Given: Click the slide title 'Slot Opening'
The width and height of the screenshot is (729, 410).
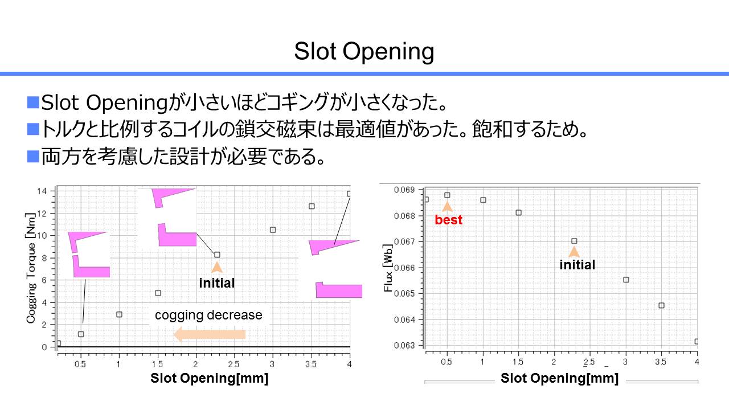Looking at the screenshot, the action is (x=364, y=51).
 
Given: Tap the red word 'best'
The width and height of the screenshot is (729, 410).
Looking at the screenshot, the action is (x=448, y=220).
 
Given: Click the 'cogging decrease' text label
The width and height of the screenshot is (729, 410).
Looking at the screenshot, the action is (x=208, y=315).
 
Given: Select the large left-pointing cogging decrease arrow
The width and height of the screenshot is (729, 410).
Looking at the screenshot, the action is (x=209, y=334).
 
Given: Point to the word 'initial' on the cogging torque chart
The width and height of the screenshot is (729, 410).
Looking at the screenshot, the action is (x=217, y=283).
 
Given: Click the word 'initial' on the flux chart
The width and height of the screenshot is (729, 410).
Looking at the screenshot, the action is (x=577, y=265).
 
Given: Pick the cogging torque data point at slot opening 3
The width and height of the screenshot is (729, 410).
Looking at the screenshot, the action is (x=273, y=229).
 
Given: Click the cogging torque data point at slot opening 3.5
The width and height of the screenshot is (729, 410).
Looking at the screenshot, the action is (x=312, y=206).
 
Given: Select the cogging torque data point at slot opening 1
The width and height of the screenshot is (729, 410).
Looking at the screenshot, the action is (x=119, y=314).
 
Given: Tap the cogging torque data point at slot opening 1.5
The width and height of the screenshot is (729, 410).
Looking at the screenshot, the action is (x=158, y=293).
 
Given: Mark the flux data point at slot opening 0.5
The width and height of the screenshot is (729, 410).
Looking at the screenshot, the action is (x=447, y=195).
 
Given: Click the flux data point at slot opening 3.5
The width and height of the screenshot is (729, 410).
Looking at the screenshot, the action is (x=661, y=305).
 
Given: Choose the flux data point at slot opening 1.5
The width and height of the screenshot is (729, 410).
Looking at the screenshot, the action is (x=518, y=212).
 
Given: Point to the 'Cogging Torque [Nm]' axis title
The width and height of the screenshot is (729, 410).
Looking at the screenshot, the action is (x=31, y=268).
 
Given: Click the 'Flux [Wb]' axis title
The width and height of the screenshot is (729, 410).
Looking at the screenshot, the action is (x=388, y=268).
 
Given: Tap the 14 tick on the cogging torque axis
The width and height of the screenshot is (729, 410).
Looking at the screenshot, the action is (x=42, y=191).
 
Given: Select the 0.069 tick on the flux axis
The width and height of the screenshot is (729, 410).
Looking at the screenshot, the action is (x=404, y=190).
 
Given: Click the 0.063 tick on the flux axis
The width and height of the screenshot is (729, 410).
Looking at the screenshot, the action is (x=404, y=345).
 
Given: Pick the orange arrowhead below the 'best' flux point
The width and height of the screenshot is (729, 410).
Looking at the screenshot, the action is (x=447, y=207).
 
